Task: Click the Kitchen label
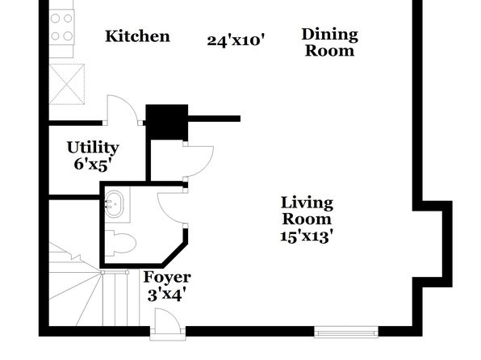point(137,36)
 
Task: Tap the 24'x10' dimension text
point(236,40)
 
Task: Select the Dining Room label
point(330,42)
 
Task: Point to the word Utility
point(93,148)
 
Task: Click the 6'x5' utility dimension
point(92,165)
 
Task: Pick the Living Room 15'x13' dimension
point(307,237)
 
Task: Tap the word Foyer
point(167,278)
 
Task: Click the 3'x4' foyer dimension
point(167,295)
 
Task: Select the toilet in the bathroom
point(120,243)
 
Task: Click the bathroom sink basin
point(114,203)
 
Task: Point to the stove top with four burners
point(61,27)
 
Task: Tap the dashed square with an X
point(67,84)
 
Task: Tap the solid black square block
point(167,122)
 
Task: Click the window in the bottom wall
point(346,333)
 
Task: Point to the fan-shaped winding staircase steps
point(77,288)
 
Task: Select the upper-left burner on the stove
point(55,19)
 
